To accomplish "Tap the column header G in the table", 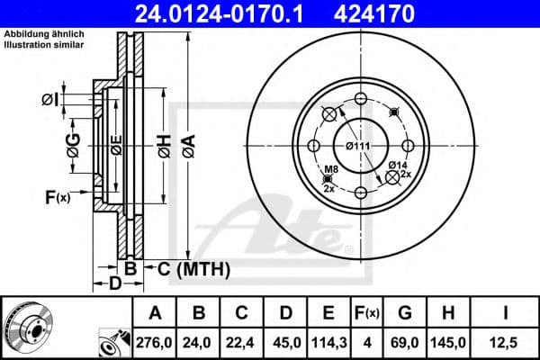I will (x=406, y=313).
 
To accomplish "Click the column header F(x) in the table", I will (x=367, y=313).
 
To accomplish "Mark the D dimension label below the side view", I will (x=115, y=284).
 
